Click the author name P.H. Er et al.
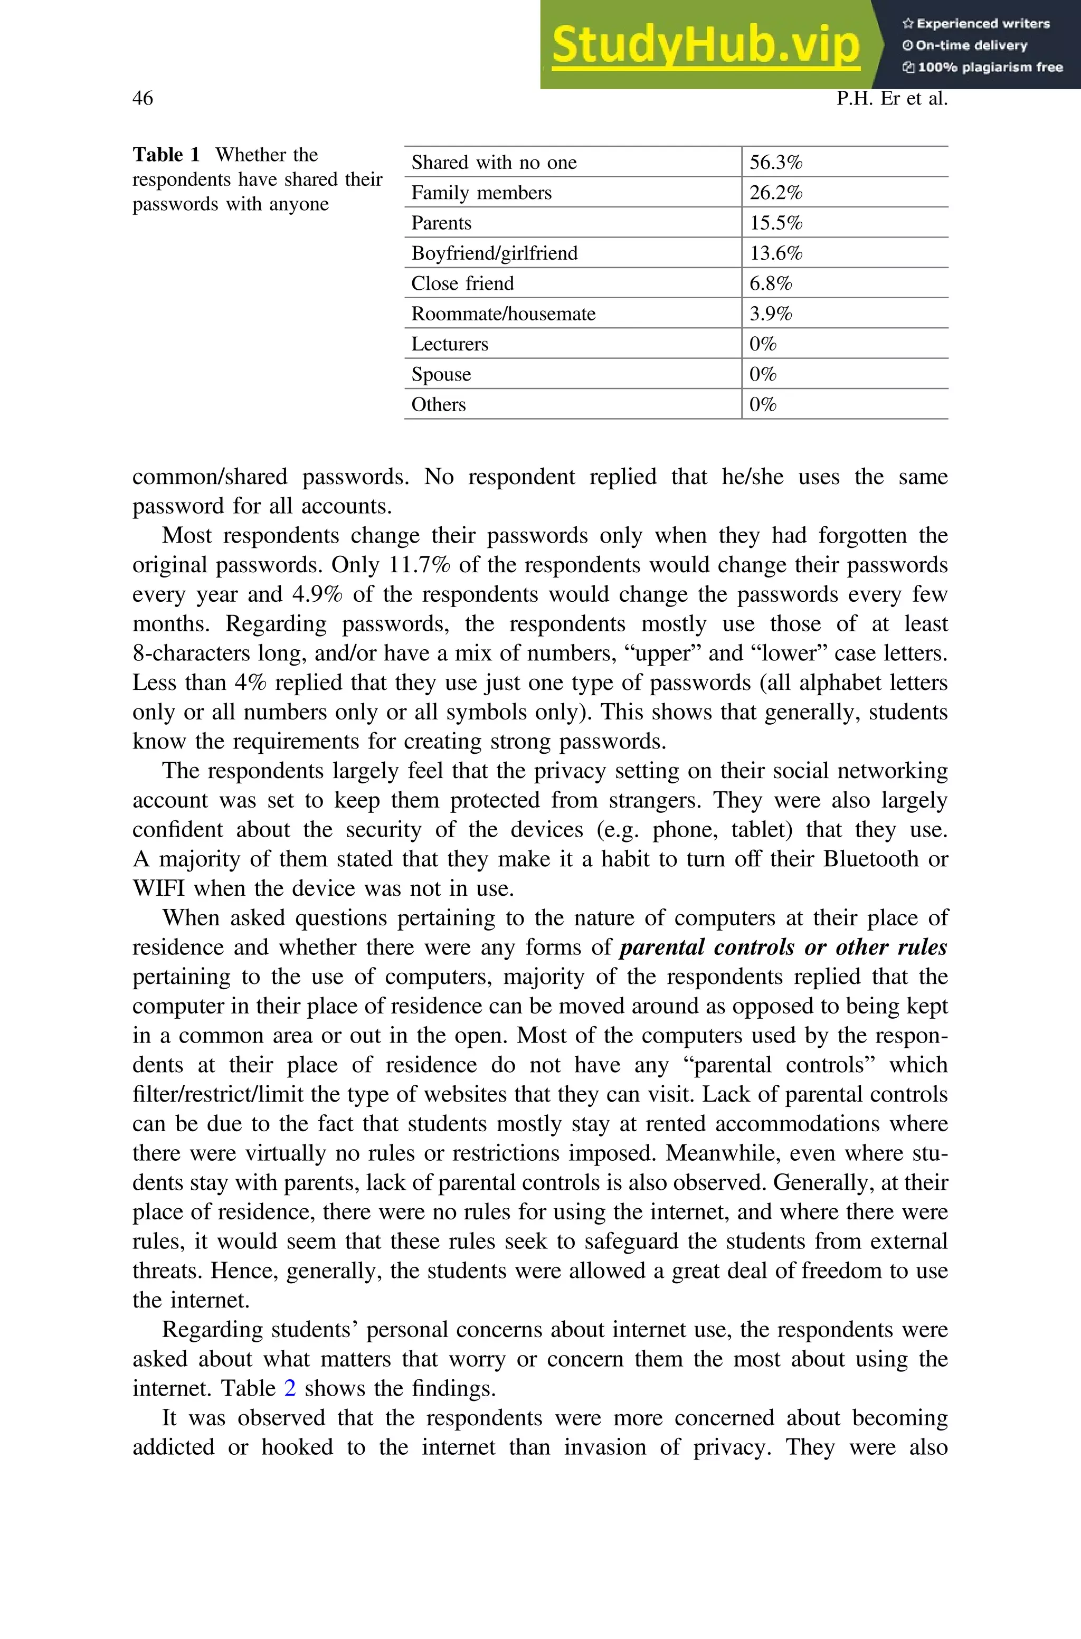pyautogui.click(x=892, y=99)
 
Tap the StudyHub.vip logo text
pyautogui.click(x=705, y=45)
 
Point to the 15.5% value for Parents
pyautogui.click(x=775, y=223)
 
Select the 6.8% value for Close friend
pyautogui.click(x=770, y=283)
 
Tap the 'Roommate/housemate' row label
pyautogui.click(x=503, y=314)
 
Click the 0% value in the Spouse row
pyautogui.click(x=763, y=374)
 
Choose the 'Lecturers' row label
pyautogui.click(x=450, y=344)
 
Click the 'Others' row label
pyautogui.click(x=439, y=404)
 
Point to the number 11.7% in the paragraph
pyautogui.click(x=419, y=565)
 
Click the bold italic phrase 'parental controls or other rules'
pyautogui.click(x=783, y=947)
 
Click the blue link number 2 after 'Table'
pyautogui.click(x=290, y=1387)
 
